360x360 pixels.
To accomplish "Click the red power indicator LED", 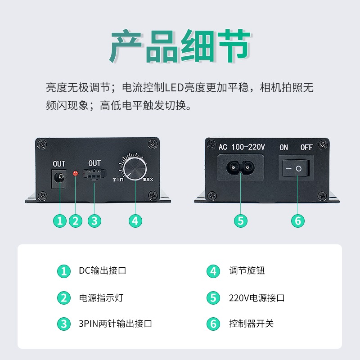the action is pyautogui.click(x=75, y=173).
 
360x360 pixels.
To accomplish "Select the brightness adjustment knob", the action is pyautogui.click(x=135, y=169).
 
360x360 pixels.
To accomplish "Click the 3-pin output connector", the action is pyautogui.click(x=94, y=174).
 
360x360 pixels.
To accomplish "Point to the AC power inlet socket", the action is pyautogui.click(x=240, y=167).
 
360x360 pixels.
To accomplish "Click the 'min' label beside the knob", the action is pyautogui.click(x=118, y=179).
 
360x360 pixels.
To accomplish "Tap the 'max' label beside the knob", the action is pyautogui.click(x=148, y=179).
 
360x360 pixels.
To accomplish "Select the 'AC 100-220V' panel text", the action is pyautogui.click(x=242, y=147).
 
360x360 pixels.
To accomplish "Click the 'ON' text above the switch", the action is pyautogui.click(x=283, y=148).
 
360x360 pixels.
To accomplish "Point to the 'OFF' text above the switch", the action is pyautogui.click(x=306, y=148).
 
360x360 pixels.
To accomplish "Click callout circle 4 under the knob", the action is pyautogui.click(x=135, y=221).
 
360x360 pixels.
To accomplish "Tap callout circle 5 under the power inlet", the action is pyautogui.click(x=241, y=221).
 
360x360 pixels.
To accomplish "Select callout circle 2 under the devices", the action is pyautogui.click(x=76, y=221).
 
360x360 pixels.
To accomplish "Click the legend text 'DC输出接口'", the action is pyautogui.click(x=103, y=271).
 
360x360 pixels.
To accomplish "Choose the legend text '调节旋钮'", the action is pyautogui.click(x=247, y=271).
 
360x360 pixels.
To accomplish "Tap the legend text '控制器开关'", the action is pyautogui.click(x=252, y=324).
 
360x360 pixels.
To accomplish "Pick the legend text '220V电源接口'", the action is pyautogui.click(x=256, y=298).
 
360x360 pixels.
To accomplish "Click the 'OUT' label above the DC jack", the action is pyautogui.click(x=59, y=164).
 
